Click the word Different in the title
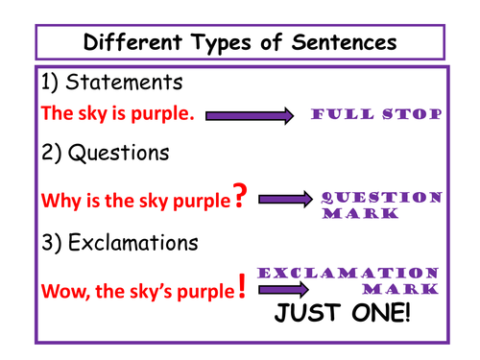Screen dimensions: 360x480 130,42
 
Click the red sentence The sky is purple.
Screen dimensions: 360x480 118,114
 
